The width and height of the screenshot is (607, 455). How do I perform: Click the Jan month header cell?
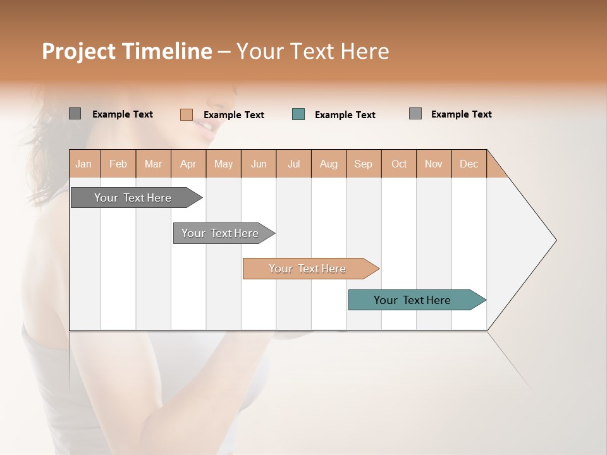click(83, 164)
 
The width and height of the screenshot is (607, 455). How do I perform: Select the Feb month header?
click(118, 164)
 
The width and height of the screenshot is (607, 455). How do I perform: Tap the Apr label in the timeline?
click(188, 164)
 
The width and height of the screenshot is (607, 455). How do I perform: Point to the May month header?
click(223, 164)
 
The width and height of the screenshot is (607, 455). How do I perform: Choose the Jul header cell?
click(293, 164)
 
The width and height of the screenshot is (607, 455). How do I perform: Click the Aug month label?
click(328, 164)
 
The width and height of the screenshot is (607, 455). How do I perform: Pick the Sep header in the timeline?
click(363, 164)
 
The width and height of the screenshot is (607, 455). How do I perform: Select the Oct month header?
click(399, 164)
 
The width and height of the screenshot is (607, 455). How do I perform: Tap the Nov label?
click(434, 164)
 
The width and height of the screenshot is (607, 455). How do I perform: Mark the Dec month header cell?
click(469, 164)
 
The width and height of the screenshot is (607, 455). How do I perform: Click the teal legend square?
click(298, 114)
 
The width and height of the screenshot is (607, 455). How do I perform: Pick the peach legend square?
click(187, 114)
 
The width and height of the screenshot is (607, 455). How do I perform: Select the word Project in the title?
click(79, 51)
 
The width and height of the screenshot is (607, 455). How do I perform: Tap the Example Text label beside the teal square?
click(345, 115)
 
